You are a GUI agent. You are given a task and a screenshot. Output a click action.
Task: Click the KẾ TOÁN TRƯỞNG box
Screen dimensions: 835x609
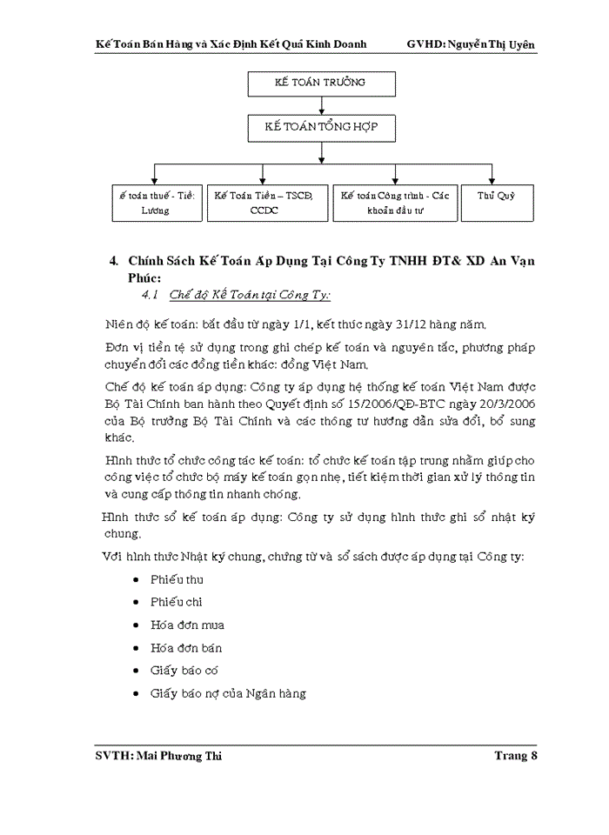(322, 83)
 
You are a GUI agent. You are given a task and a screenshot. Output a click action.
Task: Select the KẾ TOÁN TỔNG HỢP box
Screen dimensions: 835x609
(322, 128)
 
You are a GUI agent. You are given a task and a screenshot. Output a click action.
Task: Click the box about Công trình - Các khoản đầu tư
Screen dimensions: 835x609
(395, 203)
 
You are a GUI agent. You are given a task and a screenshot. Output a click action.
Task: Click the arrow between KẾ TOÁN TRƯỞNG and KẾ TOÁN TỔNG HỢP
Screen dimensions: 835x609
(322, 105)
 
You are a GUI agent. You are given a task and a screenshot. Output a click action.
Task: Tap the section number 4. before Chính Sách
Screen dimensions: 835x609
(113, 261)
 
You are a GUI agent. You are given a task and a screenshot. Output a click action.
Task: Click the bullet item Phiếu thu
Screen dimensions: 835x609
(177, 579)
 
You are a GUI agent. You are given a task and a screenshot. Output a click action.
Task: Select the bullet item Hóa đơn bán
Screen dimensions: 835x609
(186, 648)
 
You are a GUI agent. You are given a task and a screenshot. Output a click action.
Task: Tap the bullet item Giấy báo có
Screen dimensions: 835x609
(184, 671)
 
